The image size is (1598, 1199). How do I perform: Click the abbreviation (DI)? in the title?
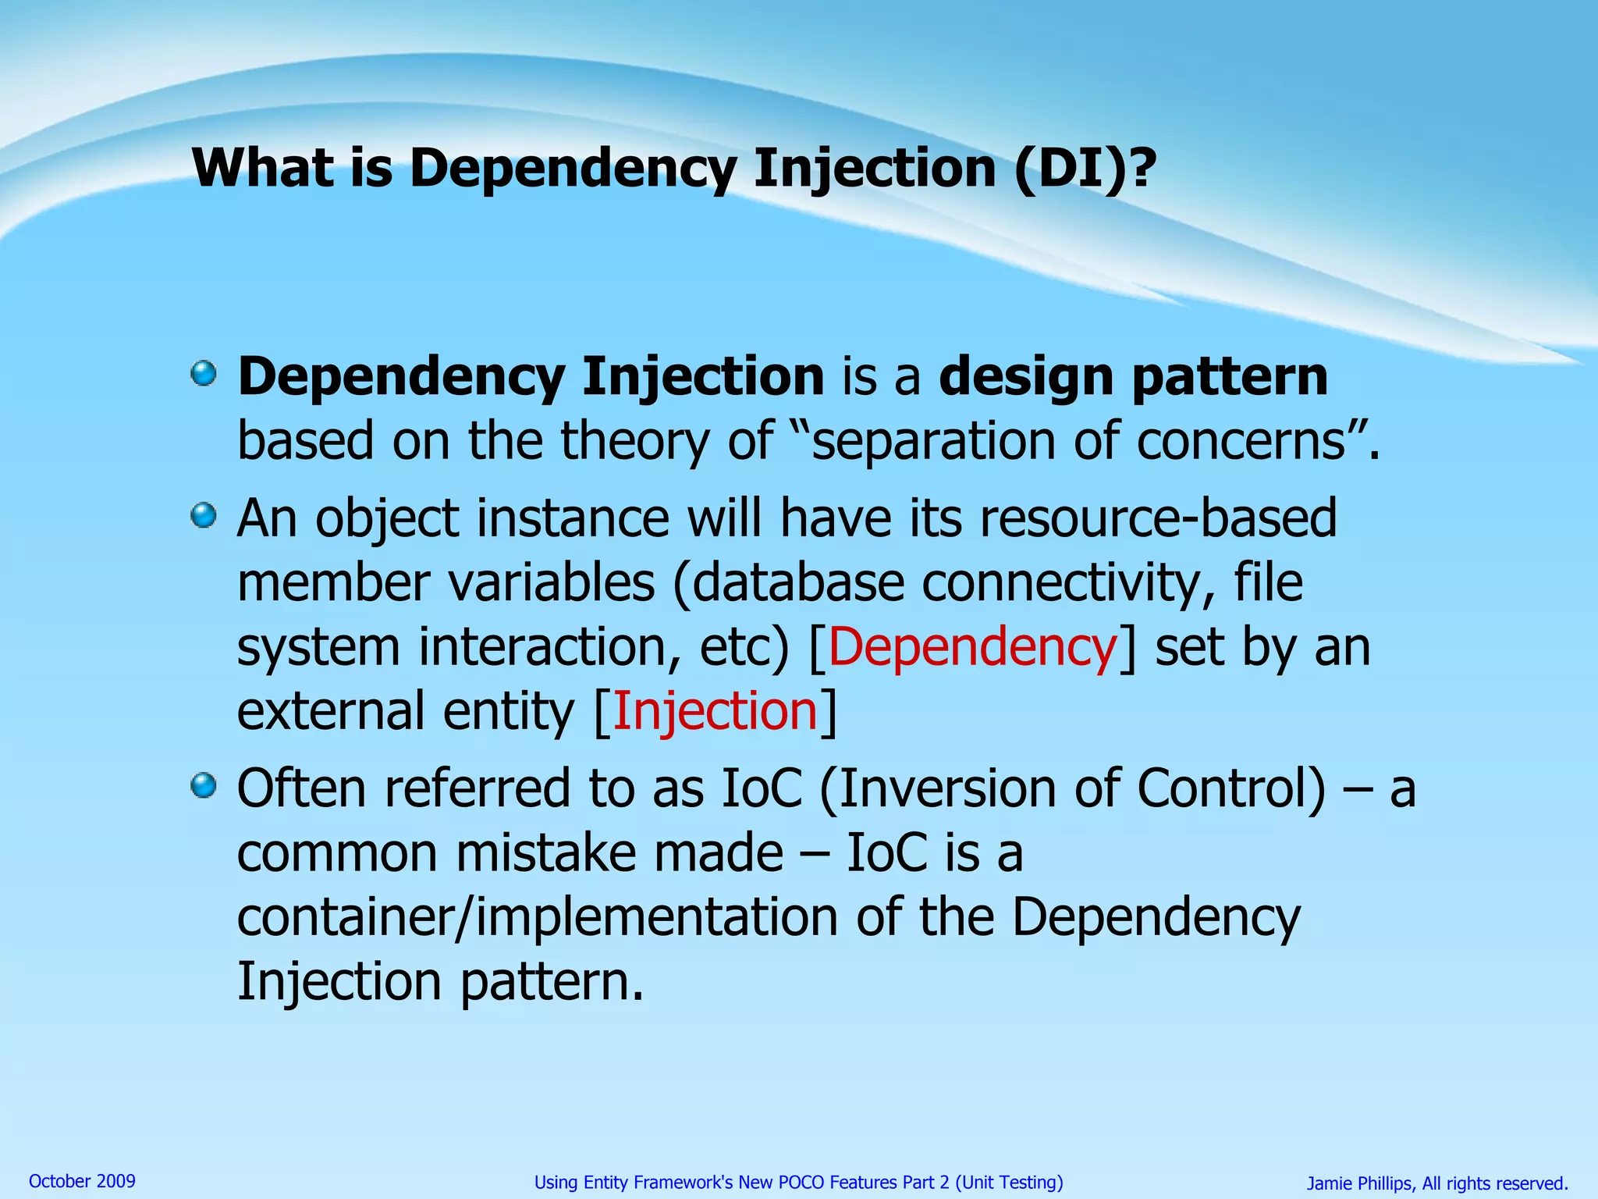1085,168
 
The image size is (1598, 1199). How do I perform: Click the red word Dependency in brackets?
972,647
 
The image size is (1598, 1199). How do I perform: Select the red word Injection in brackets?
715,711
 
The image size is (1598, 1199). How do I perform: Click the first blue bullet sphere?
204,374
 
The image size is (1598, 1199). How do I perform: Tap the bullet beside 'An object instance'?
204,516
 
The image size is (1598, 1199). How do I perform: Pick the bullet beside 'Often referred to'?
204,785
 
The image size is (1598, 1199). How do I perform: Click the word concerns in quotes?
1241,442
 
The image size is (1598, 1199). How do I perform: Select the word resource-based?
1158,518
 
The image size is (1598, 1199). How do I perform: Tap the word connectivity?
1066,583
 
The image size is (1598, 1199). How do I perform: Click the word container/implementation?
537,917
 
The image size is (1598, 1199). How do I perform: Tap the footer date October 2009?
82,1181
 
